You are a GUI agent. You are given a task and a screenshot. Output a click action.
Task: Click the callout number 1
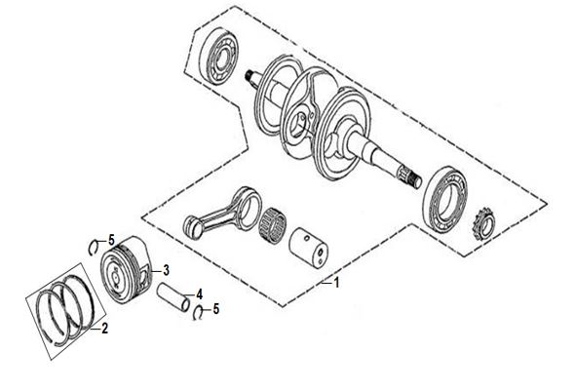[x=336, y=283]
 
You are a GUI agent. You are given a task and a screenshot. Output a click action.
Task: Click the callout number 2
[x=105, y=328]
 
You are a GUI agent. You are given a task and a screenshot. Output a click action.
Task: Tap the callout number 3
[x=166, y=270]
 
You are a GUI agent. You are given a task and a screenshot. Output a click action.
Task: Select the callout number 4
[x=199, y=294]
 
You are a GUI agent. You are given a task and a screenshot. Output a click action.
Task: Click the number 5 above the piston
[x=111, y=240]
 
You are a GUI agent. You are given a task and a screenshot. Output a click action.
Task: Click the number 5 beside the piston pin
[x=216, y=309]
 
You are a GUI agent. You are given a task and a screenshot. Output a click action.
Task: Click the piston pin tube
[x=173, y=296]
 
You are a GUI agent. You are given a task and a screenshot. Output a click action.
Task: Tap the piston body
[x=125, y=268]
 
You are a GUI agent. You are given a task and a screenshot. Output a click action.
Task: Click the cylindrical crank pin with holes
[x=308, y=247]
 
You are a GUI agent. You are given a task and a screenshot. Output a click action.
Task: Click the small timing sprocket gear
[x=483, y=223]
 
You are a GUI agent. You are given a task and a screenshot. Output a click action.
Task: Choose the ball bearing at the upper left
[x=219, y=56]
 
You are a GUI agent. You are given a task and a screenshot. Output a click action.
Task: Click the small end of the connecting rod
[x=193, y=225]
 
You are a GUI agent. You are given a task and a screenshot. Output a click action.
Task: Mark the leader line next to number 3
[x=157, y=271]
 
